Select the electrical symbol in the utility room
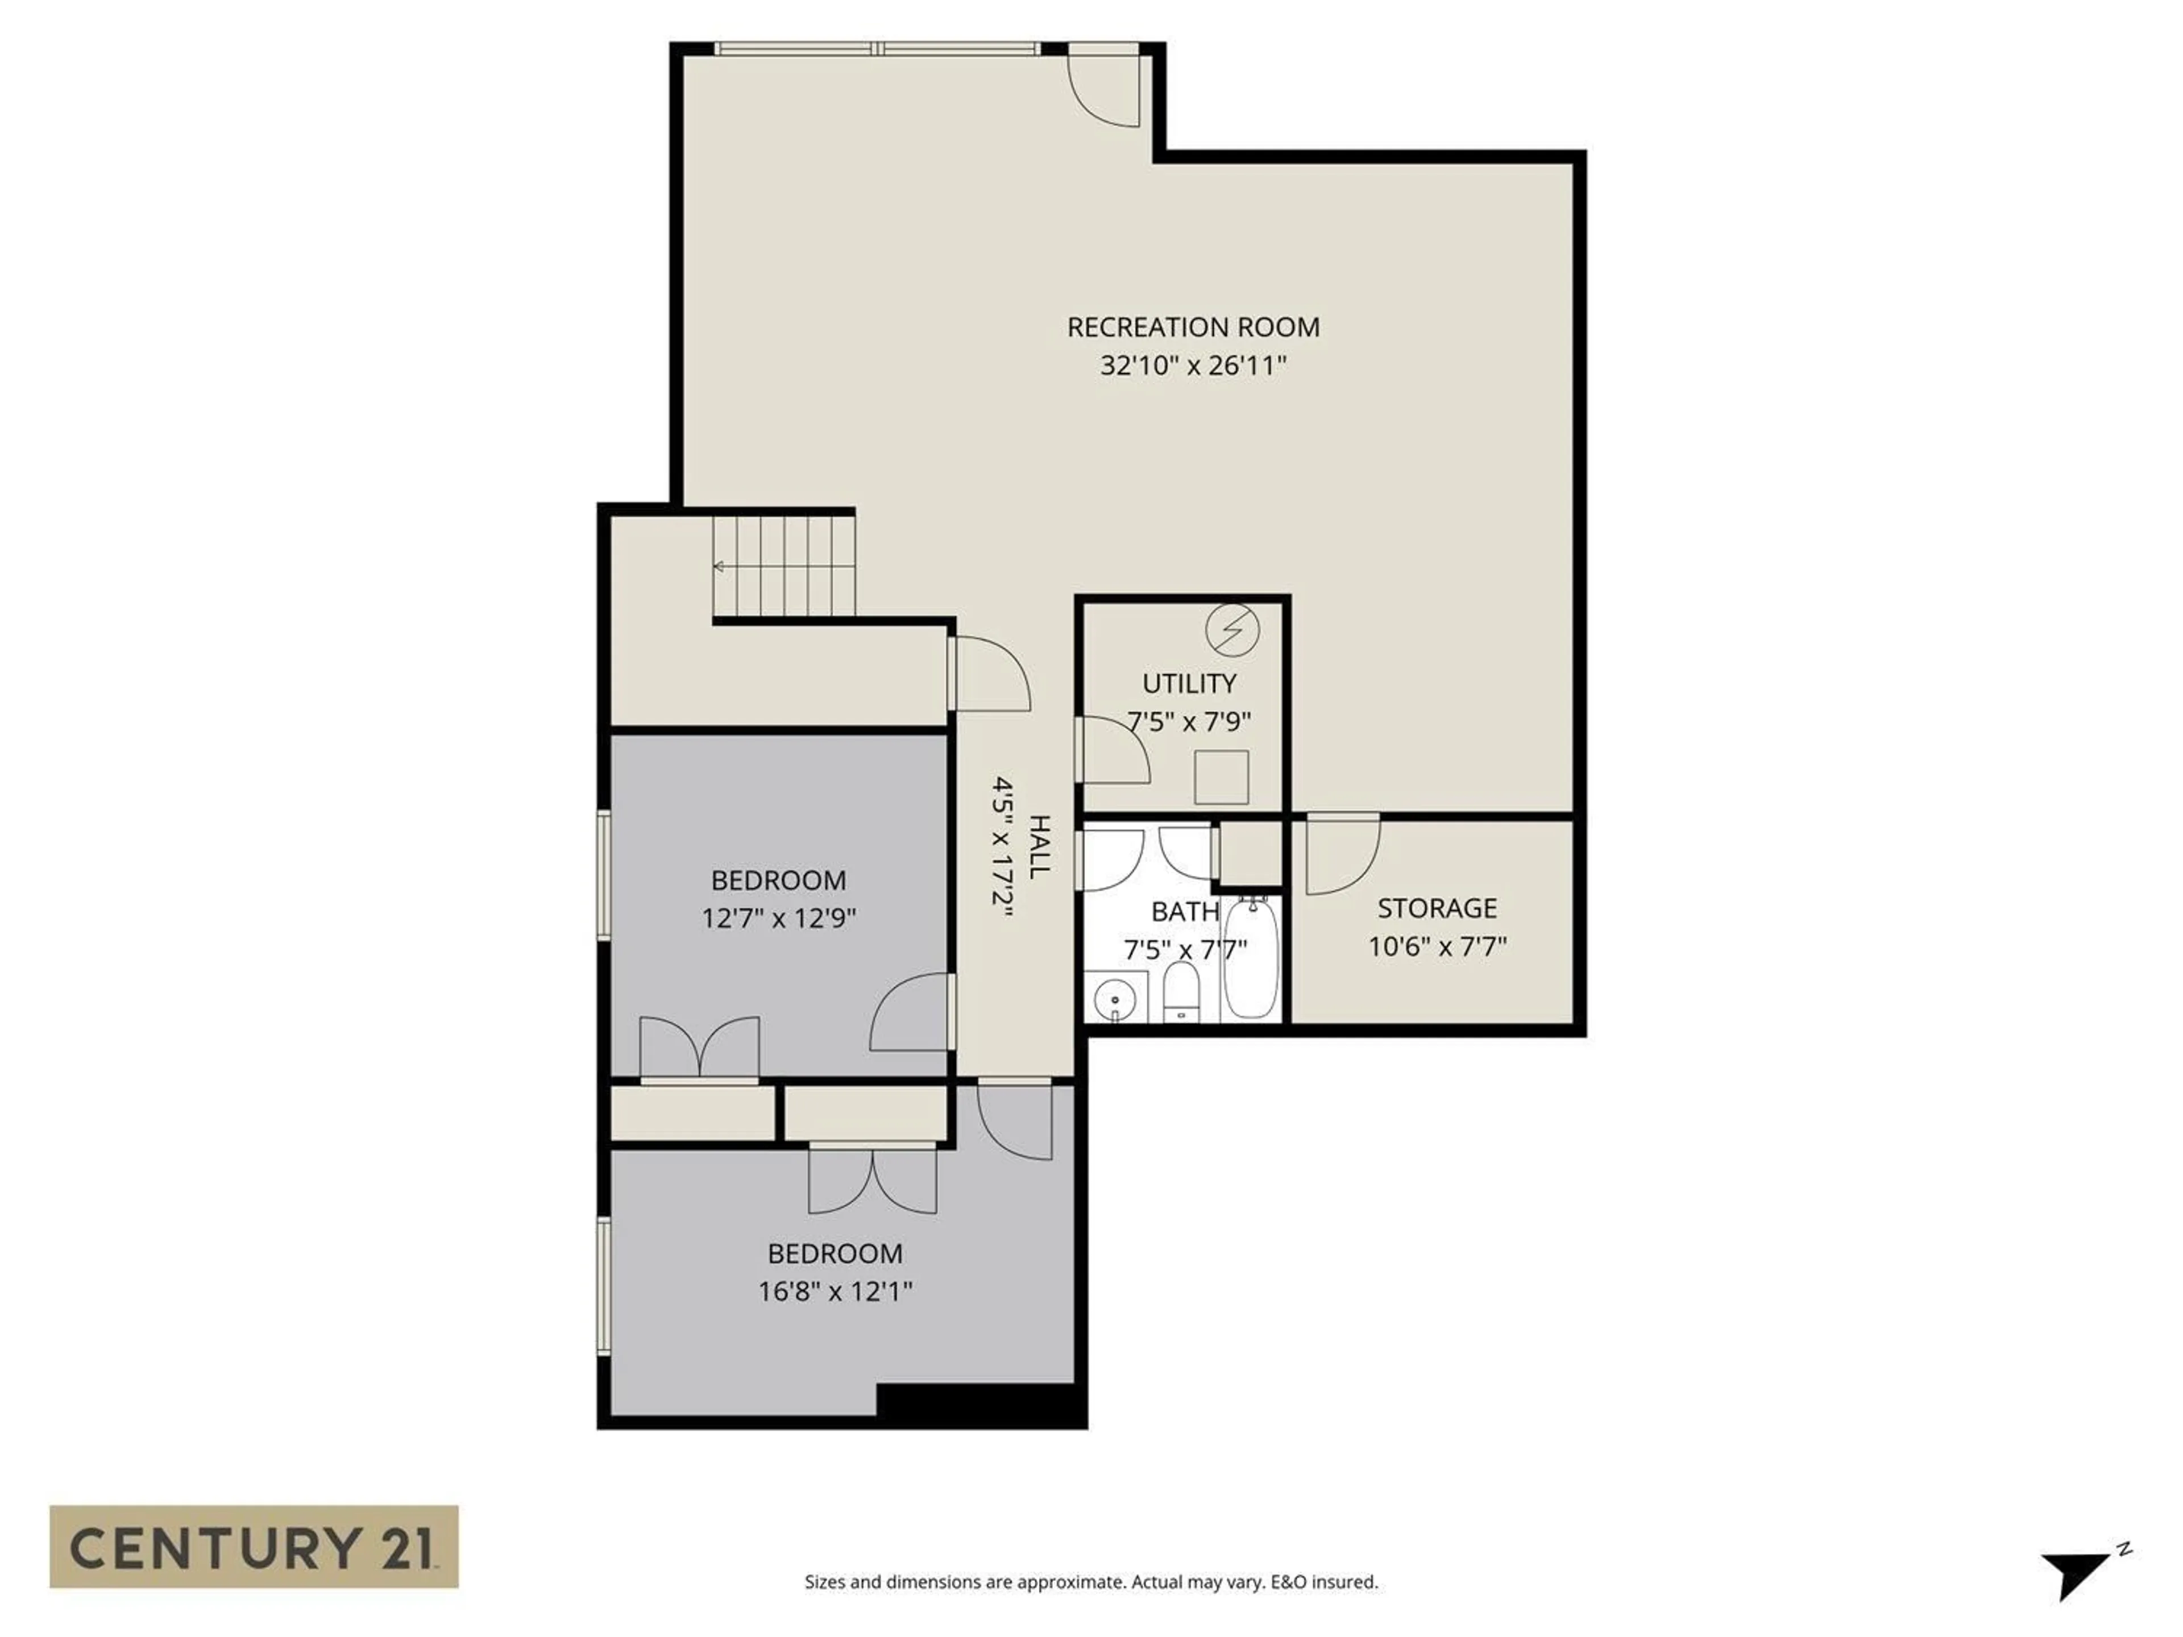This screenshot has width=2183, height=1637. tap(1232, 629)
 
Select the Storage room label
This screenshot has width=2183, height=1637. tap(1437, 908)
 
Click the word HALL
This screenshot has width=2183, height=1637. tap(1038, 846)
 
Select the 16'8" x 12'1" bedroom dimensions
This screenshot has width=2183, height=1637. tap(835, 1291)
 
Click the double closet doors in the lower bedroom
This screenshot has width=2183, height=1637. tap(873, 1180)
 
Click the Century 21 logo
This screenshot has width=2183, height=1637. tap(254, 1546)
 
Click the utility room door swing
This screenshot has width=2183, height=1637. tap(1115, 750)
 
